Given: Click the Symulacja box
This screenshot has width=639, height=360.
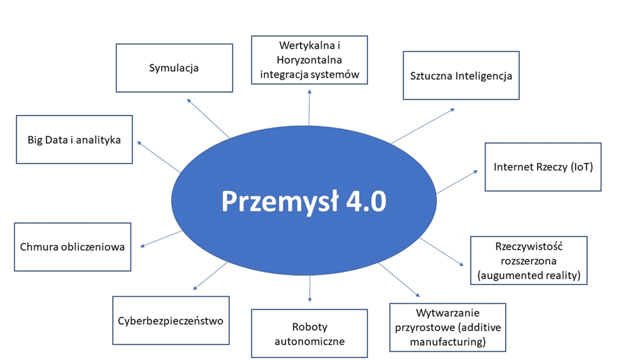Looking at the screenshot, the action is coord(174,68).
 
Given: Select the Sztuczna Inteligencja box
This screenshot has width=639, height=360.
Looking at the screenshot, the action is coord(461,75).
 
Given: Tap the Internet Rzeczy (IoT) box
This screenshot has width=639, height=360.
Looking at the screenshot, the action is coord(543,166).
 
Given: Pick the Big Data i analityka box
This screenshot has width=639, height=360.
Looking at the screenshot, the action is coord(74,139).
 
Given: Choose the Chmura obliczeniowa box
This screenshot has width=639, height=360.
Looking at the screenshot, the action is coord(72,247).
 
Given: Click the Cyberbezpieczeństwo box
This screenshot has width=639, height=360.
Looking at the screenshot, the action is coord(171,321).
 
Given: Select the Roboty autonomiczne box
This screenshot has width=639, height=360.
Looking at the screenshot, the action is coord(309,334).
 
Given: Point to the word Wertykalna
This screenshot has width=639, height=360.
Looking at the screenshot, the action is coord(306,45).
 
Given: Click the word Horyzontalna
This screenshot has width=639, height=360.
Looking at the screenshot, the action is coord(309,60).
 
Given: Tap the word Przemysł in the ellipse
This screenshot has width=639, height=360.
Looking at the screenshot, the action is coord(280,202).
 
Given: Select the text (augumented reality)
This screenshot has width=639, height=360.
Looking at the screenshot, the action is coord(529,275).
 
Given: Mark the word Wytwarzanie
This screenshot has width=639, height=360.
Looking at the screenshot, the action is coord(448,313).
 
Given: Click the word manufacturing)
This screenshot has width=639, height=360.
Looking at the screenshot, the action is coord(448,342).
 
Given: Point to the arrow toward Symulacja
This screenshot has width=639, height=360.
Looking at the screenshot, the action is coord(208,118).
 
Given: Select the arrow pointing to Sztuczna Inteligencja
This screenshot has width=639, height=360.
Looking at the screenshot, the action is coord(423,126).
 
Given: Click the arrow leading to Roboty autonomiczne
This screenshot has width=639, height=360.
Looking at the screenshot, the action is coord(310,289).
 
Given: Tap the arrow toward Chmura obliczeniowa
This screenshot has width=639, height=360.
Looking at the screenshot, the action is coord(161,239).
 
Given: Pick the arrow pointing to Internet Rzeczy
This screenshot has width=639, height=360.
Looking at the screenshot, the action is coord(457,182).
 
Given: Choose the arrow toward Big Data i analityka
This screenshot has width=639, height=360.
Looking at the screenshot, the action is coord(158,157).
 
